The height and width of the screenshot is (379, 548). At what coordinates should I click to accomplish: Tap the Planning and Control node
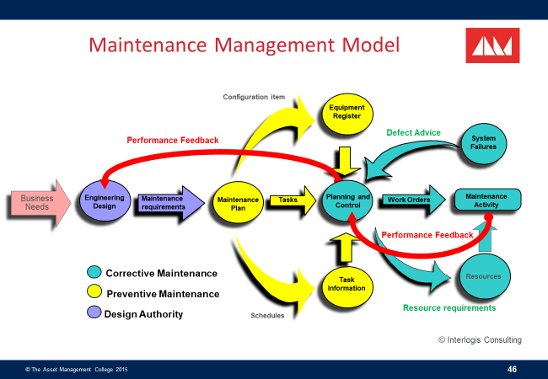(347, 200)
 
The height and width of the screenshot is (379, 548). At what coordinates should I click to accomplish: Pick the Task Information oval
(347, 285)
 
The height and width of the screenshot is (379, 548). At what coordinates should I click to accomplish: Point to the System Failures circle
(483, 142)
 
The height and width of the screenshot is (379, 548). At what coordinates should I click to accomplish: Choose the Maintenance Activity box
(487, 200)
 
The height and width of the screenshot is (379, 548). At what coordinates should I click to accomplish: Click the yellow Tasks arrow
(289, 200)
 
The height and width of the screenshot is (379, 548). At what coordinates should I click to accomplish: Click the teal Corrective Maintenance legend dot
(94, 272)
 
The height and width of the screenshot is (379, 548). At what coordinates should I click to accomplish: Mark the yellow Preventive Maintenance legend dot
(94, 293)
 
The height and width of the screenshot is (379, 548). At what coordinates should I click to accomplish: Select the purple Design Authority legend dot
(94, 313)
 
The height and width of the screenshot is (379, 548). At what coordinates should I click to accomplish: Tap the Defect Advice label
(413, 133)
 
